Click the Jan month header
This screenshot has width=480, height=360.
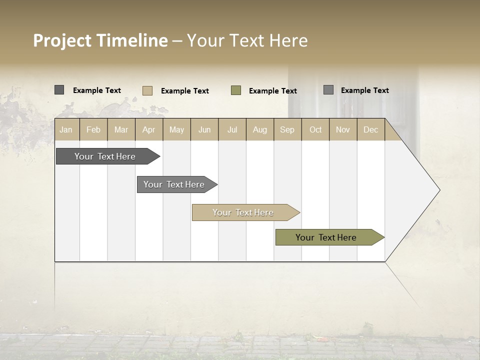point(66,129)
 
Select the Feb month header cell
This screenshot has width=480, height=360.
point(93,129)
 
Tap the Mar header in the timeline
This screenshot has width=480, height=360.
point(121,129)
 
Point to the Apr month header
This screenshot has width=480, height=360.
point(149,129)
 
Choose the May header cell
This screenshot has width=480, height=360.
point(176,129)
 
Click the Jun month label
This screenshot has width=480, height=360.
point(204,129)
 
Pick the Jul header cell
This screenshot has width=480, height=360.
point(232,129)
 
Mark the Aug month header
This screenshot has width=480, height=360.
point(260,129)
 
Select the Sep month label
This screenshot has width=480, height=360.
point(287,129)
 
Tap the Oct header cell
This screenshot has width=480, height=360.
point(315,129)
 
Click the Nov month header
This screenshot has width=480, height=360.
point(343,129)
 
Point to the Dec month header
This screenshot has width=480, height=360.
point(371,129)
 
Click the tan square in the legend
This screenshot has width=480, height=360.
point(147,90)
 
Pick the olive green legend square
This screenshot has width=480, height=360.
point(236,90)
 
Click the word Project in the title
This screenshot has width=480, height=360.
point(62,40)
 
